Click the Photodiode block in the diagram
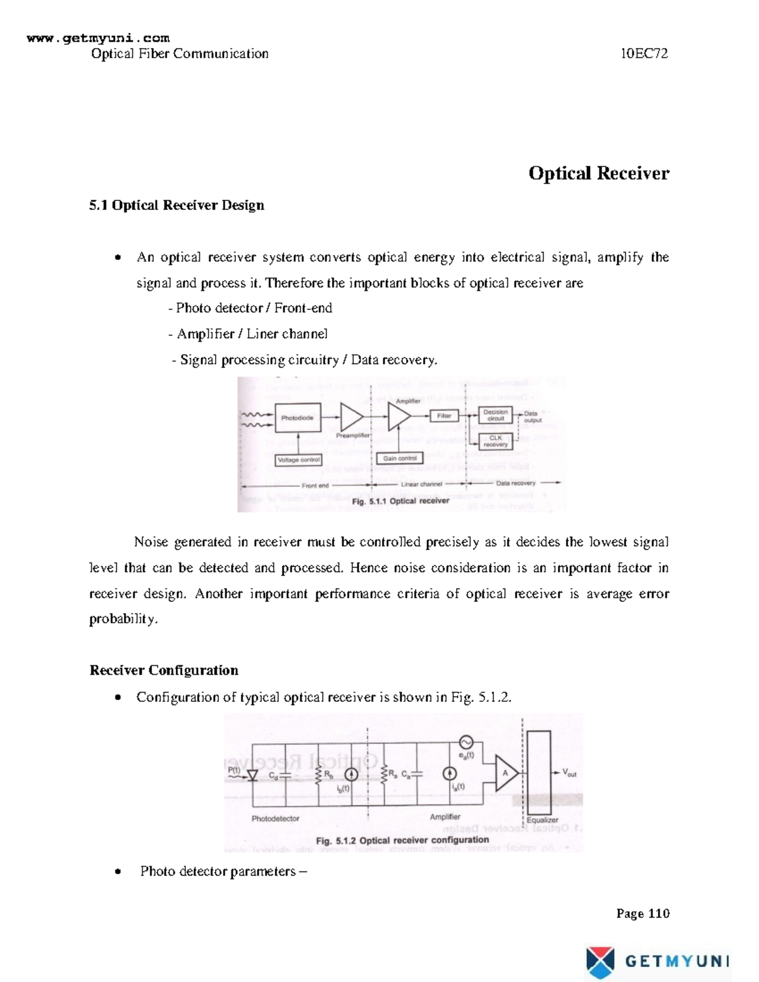297,418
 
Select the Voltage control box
299,460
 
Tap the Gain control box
400,458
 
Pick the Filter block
444,415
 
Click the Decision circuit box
495,415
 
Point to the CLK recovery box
495,441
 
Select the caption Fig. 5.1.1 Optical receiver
400,501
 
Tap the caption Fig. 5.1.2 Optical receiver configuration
402,840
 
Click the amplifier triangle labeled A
505,773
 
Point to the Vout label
569,773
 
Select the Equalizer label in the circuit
543,819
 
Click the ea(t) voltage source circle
466,742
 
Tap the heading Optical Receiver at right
598,173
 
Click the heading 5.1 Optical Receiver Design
176,206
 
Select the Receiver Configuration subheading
164,670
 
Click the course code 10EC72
644,54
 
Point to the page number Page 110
643,913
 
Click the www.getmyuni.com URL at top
98,39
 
